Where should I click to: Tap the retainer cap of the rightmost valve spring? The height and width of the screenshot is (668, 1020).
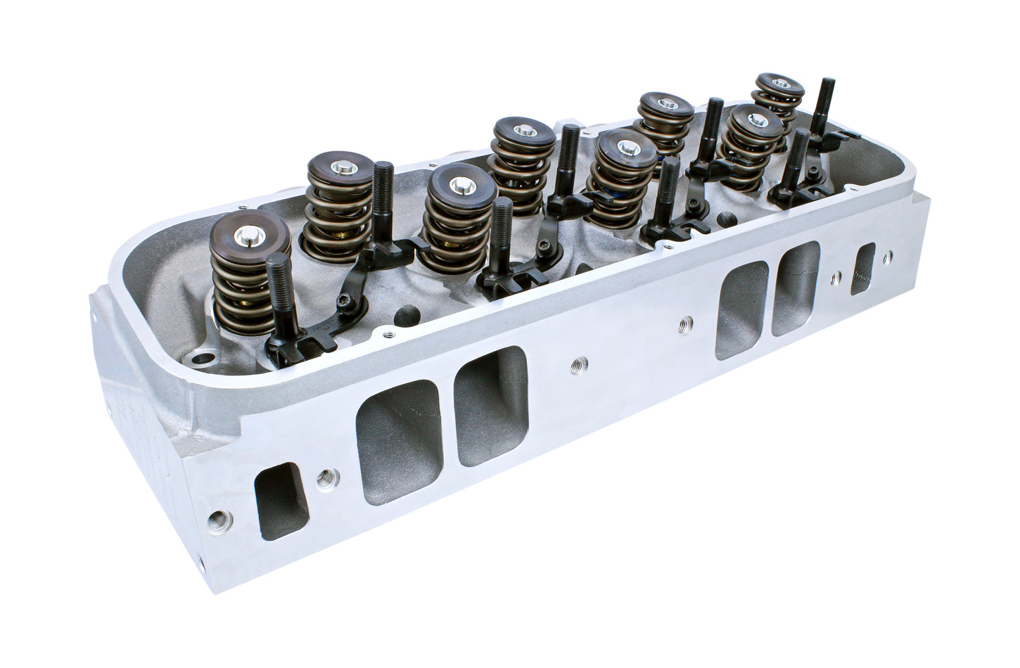pos(778,84)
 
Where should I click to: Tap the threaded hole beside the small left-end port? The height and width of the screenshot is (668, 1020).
pos(325,479)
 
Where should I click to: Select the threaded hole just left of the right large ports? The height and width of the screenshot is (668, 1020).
pos(684,323)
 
